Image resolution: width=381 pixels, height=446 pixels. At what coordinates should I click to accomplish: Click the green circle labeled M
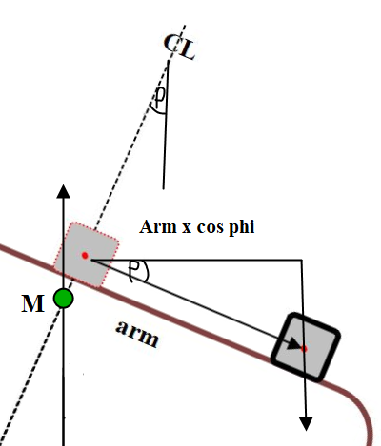[64, 299]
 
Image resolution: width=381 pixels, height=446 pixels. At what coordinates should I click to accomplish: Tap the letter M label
[33, 303]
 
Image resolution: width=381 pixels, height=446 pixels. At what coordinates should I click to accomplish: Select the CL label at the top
[179, 47]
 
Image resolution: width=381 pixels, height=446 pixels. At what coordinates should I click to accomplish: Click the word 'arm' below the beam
[137, 334]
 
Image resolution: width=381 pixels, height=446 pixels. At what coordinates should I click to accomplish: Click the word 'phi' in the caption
[242, 227]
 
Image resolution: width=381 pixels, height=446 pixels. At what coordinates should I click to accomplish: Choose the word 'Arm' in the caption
[158, 226]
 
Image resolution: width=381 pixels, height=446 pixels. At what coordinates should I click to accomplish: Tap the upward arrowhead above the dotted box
[63, 191]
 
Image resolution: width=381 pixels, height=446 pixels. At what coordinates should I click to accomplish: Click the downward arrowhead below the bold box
[306, 424]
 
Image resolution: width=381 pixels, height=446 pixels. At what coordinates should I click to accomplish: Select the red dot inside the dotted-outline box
[85, 255]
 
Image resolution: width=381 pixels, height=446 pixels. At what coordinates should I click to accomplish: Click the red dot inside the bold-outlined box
[304, 349]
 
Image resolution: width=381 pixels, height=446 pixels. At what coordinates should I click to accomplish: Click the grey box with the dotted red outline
[86, 255]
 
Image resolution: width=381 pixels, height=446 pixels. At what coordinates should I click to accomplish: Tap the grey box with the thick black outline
[306, 347]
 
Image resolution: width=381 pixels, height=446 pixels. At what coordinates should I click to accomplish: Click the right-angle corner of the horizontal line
[301, 260]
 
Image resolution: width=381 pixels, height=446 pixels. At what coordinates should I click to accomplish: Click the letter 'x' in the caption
[187, 228]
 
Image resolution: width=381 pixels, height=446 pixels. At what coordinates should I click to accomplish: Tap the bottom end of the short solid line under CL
[164, 189]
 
